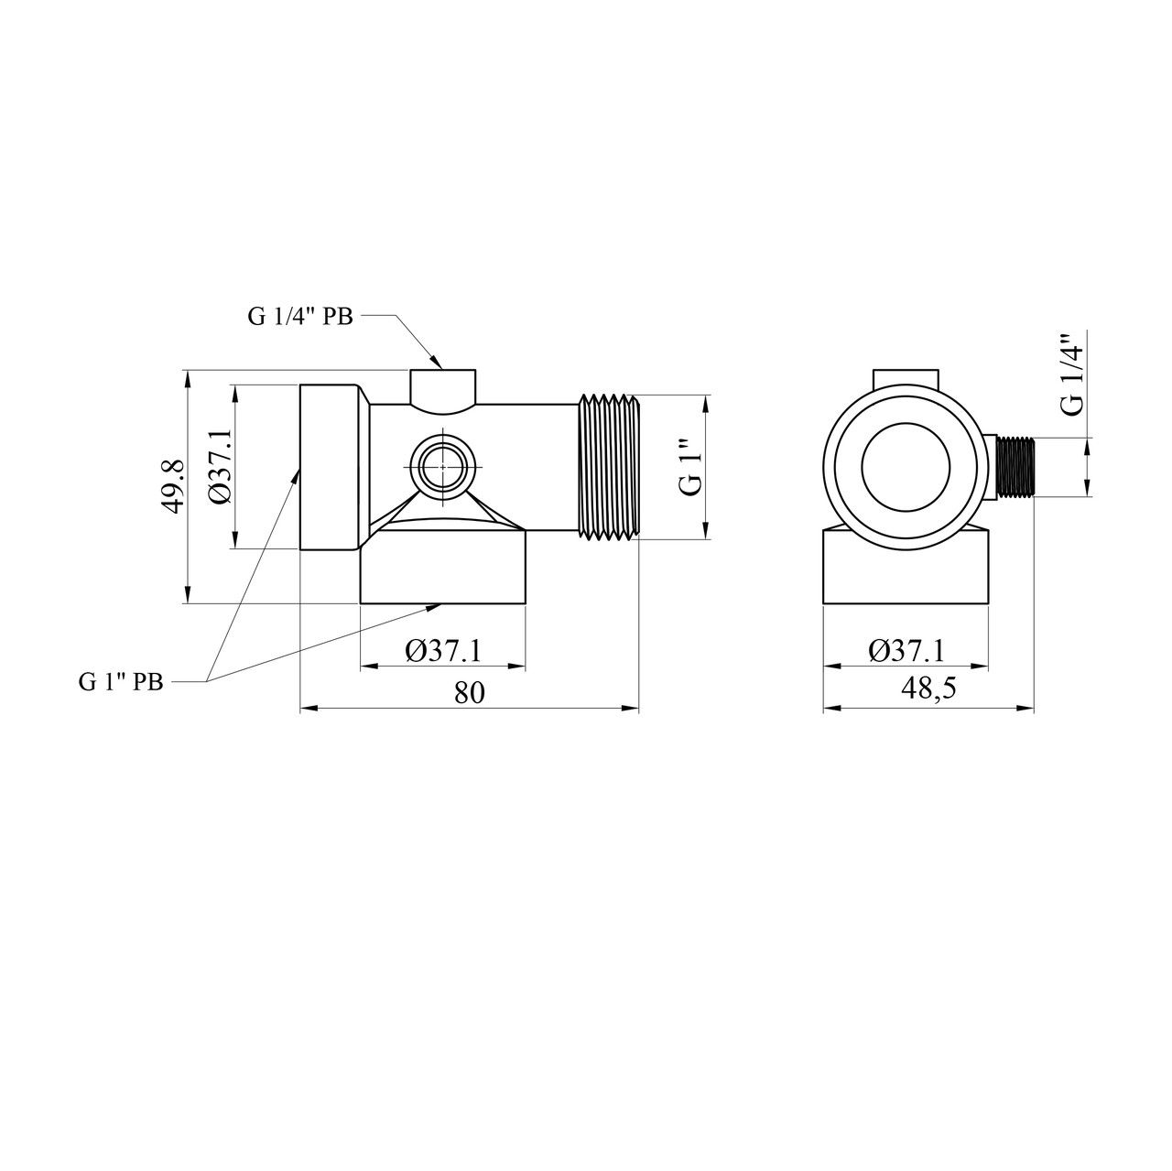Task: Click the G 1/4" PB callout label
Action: coord(299,317)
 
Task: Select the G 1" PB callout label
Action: coord(121,682)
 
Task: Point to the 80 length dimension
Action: coord(470,693)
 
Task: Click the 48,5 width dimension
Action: coord(928,688)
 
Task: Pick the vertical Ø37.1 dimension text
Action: coord(219,466)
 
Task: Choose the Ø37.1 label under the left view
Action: coord(443,651)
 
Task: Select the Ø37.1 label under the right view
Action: coord(906,651)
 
